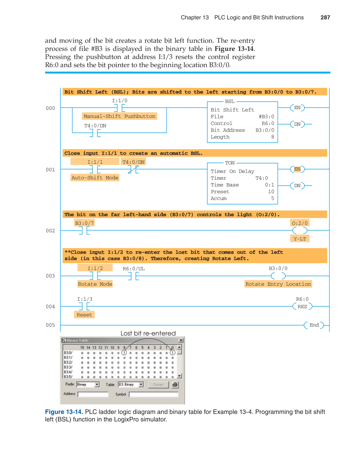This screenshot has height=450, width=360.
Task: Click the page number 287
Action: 325,18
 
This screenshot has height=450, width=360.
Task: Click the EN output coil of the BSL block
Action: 297,108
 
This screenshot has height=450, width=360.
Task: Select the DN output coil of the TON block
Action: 297,186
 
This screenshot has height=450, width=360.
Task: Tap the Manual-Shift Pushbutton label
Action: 119,116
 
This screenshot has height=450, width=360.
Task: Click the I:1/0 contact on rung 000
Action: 119,108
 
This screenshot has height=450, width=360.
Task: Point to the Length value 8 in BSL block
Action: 272,137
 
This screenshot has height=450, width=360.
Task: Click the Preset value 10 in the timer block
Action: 271,192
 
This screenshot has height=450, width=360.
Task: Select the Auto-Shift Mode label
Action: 95,178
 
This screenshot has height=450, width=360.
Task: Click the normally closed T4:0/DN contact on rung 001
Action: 133,169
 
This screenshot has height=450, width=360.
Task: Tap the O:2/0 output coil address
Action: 299,223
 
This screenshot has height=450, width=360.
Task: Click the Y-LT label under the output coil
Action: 300,239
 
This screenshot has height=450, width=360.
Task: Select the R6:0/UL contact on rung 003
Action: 133,276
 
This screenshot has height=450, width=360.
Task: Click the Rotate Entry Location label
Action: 278,284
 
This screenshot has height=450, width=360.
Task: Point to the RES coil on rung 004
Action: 302,307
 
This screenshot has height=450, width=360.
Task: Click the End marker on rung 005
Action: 314,325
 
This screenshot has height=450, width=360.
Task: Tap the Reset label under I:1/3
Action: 84,315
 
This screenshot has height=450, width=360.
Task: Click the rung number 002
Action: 50,231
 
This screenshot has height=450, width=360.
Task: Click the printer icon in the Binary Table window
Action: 175,385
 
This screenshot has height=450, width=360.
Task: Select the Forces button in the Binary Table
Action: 158,385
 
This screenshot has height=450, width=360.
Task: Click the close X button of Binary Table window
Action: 181,340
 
